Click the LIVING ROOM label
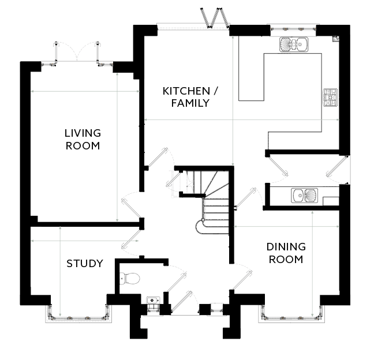pyautogui.click(x=83, y=140)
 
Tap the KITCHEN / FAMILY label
pyautogui.click(x=190, y=97)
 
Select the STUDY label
pyautogui.click(x=85, y=264)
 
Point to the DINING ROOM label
pyautogui.click(x=286, y=253)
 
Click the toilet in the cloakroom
pyautogui.click(x=129, y=279)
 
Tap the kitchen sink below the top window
pyautogui.click(x=294, y=44)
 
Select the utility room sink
pyautogui.click(x=305, y=195)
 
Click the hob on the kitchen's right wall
pyautogui.click(x=330, y=97)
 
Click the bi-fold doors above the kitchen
pyautogui.click(x=215, y=17)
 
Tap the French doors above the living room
pyautogui.click(x=77, y=53)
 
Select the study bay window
pyautogui.click(x=78, y=315)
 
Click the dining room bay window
pyautogui.click(x=291, y=315)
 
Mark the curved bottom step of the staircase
pyautogui.click(x=200, y=227)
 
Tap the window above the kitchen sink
pyautogui.click(x=293, y=29)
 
